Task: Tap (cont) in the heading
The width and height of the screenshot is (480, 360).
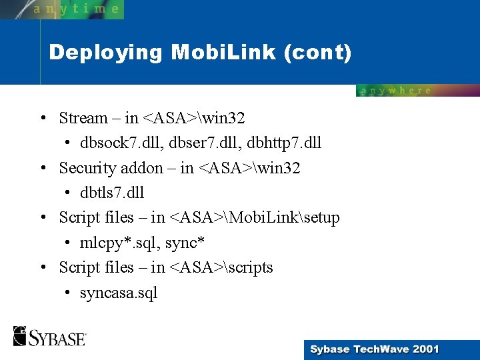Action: (x=317, y=53)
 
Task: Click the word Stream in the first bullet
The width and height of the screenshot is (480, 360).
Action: (x=83, y=118)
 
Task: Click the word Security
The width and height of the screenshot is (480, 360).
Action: (x=87, y=168)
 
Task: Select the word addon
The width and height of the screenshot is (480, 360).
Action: (x=143, y=168)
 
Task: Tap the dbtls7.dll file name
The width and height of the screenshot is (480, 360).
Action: (x=112, y=193)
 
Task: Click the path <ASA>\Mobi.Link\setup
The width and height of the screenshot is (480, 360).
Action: (x=255, y=217)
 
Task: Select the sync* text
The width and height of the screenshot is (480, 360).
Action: (x=185, y=243)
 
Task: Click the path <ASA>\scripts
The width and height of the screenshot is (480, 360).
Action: (x=221, y=267)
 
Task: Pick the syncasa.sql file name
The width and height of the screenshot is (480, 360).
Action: (x=119, y=293)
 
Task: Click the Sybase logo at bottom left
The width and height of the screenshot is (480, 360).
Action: (x=49, y=336)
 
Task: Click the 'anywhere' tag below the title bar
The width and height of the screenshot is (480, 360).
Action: (x=396, y=91)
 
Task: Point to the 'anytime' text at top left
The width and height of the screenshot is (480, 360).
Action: (x=76, y=9)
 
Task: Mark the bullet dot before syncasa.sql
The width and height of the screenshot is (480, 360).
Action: (x=69, y=293)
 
